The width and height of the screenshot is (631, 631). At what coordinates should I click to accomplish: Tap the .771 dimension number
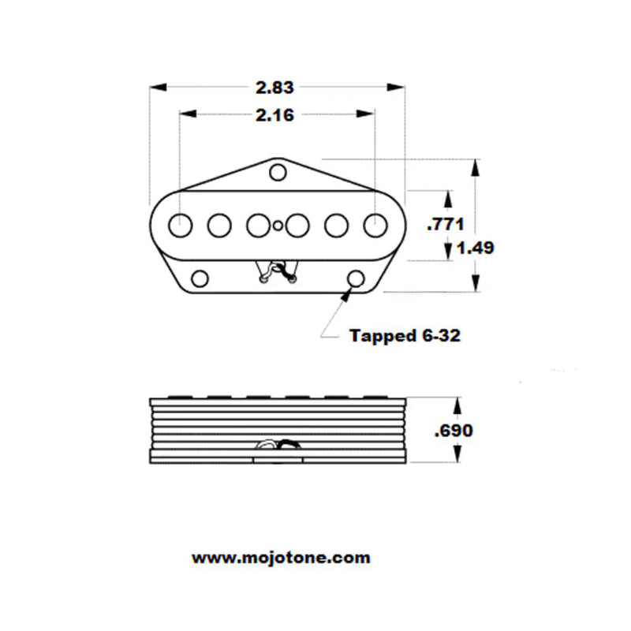pos(445,223)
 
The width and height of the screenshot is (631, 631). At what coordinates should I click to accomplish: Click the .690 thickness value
pos(454,431)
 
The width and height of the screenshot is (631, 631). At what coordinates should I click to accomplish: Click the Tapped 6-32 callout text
pos(405,335)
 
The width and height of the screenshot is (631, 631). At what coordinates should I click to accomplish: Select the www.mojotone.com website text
pos(281,558)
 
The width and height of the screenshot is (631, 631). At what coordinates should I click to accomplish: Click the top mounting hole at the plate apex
pos(277,172)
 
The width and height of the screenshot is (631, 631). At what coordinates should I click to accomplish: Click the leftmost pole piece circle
pos(181,225)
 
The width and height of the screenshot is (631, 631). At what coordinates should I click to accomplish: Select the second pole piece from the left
pos(218,226)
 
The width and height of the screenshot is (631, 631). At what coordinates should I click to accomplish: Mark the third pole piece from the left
pos(257,226)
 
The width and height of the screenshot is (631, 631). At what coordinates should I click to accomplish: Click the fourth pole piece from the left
pos(297,226)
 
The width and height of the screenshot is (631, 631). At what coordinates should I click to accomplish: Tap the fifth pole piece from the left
pos(336,226)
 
